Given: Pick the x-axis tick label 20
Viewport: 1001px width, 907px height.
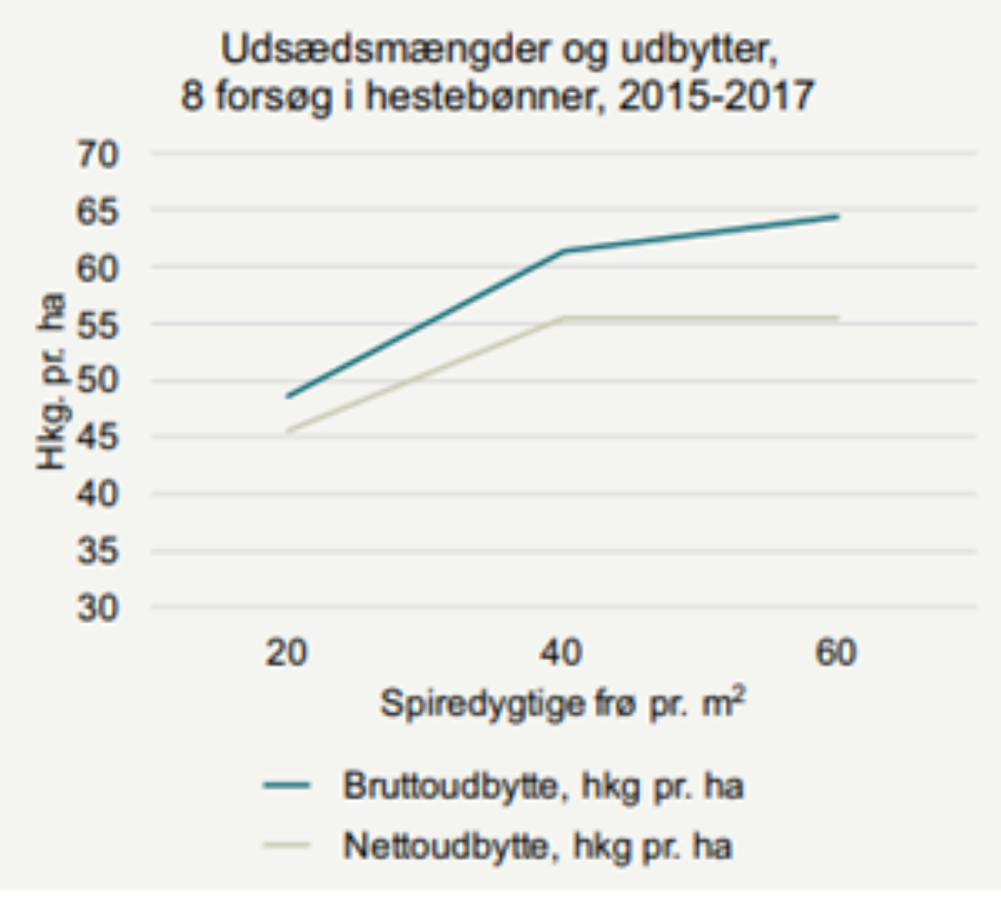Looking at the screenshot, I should [x=286, y=654].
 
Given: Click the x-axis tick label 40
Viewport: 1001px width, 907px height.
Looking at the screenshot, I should [x=562, y=654].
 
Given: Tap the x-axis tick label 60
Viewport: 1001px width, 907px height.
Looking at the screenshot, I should [x=836, y=654].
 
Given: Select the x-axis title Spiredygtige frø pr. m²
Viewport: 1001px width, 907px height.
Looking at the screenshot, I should [x=562, y=704].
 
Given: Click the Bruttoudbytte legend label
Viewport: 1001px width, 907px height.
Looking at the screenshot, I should [x=542, y=787].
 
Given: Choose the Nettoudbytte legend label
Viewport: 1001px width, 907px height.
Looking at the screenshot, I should [x=537, y=845].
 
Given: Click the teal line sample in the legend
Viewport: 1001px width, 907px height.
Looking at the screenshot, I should [x=286, y=787].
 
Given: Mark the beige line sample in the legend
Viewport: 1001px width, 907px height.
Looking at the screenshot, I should [x=286, y=845].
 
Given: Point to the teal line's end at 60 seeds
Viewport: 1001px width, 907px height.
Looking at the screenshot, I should [x=838, y=216].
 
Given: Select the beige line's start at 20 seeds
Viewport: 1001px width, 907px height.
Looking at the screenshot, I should [x=287, y=430].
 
